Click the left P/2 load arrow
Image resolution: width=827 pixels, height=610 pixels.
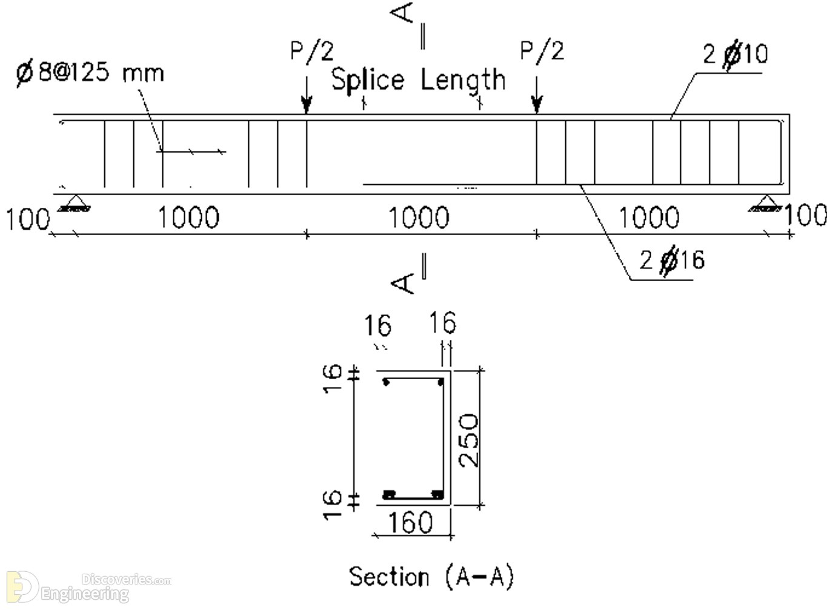[307, 94]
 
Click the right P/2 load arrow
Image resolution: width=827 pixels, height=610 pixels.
[537, 94]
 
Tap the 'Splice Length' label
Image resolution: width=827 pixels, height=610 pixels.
[419, 81]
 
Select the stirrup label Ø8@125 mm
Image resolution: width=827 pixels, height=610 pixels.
[90, 72]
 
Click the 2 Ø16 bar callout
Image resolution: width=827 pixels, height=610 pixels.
[672, 260]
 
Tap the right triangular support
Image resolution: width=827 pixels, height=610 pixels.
[765, 203]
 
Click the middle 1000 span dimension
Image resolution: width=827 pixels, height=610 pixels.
[419, 217]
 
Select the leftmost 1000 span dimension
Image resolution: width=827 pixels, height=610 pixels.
[188, 217]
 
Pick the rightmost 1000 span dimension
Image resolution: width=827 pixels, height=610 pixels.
[649, 217]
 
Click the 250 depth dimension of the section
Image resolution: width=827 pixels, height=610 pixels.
[468, 440]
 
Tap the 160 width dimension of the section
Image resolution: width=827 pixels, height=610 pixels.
[411, 522]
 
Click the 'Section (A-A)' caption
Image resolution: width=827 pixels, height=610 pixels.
[431, 577]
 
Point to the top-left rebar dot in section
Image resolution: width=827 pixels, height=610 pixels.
[387, 383]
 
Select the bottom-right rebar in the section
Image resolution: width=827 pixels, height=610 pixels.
[437, 495]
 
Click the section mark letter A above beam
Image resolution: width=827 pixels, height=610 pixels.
[402, 13]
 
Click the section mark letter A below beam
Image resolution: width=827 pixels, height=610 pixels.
[402, 283]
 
